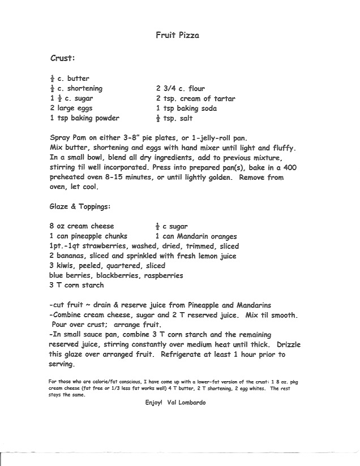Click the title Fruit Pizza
(x=177, y=35)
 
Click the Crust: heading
(x=63, y=58)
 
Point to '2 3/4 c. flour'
(x=181, y=89)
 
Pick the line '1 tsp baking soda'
(x=186, y=109)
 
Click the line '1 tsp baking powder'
(x=84, y=119)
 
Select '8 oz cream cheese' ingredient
(x=82, y=227)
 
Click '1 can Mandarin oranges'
(x=196, y=236)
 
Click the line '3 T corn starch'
(x=77, y=286)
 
